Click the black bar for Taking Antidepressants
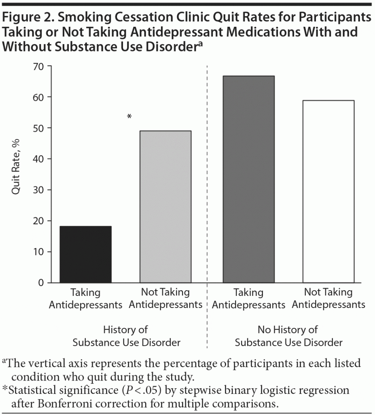coord(85,254)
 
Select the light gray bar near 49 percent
coord(165,207)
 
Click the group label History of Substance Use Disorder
coord(126,336)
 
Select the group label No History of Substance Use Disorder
coord(288,336)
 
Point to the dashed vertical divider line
coord(207,203)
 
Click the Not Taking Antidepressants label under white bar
coord(328,298)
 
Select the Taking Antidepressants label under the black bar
coord(85,298)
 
